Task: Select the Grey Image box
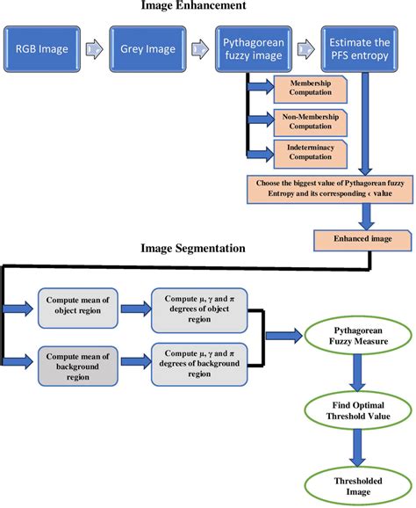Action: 144,50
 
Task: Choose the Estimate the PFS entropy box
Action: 360,50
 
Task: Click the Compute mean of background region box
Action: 77,360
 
